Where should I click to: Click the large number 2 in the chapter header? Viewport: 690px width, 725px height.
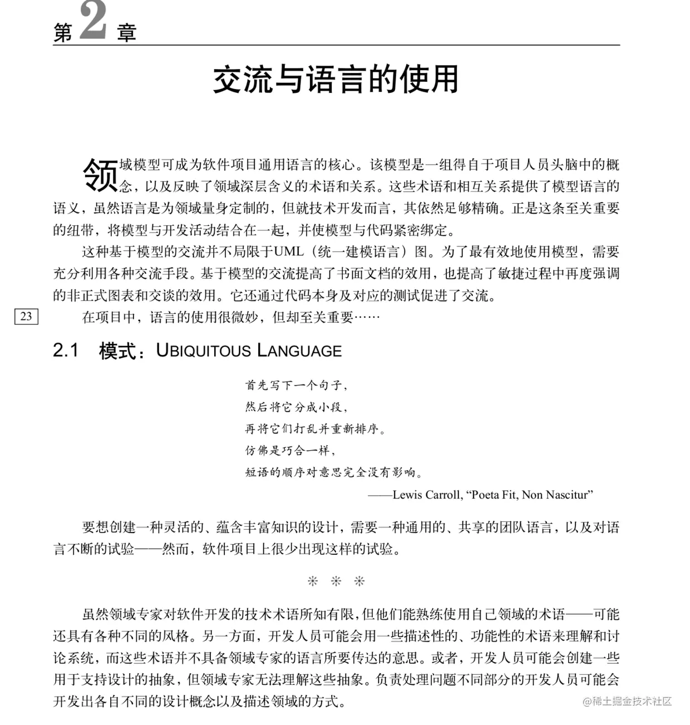click(x=93, y=21)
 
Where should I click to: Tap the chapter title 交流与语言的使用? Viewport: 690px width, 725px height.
click(x=336, y=80)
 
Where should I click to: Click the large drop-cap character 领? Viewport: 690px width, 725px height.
click(x=100, y=175)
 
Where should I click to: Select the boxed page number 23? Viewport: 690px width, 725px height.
click(x=26, y=317)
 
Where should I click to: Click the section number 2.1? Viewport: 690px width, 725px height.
click(x=66, y=351)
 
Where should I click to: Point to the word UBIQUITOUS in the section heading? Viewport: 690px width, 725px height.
click(x=204, y=351)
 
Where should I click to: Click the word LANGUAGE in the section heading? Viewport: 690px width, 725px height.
click(x=299, y=351)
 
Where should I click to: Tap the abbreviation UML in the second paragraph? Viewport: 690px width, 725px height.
click(x=288, y=251)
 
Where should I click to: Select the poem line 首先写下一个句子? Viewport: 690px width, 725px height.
click(x=296, y=385)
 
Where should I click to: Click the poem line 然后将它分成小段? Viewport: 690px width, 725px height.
click(x=296, y=407)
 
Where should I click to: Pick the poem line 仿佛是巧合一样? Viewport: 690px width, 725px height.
click(x=290, y=450)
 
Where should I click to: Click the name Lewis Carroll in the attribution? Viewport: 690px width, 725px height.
click(x=426, y=495)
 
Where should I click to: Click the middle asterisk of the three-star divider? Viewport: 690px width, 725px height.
click(x=336, y=581)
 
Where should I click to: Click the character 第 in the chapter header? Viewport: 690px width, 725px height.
click(x=63, y=33)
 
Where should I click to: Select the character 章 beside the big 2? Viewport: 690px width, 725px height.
click(x=127, y=33)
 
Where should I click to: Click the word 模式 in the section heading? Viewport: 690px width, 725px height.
click(x=117, y=351)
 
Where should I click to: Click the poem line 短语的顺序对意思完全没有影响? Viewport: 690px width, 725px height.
click(x=333, y=472)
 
